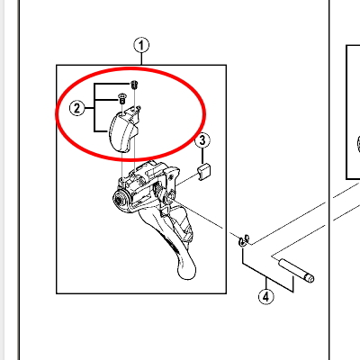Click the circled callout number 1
pos(141,46)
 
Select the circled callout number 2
pos(76,108)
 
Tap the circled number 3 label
pos(202,140)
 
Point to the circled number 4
pos(266,297)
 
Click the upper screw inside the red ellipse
pos(134,85)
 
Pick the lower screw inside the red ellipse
pos(121,98)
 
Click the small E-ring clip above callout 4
pos(244,239)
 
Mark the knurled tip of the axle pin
pos(309,278)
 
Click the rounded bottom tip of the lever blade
pos(186,273)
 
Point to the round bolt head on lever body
pos(121,199)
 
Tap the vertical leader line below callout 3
pos(202,156)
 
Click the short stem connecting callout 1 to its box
pos(141,59)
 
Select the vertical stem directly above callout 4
pos(266,283)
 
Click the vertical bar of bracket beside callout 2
pos(94,107)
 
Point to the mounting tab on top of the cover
pos(132,113)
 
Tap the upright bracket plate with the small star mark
pos(171,181)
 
